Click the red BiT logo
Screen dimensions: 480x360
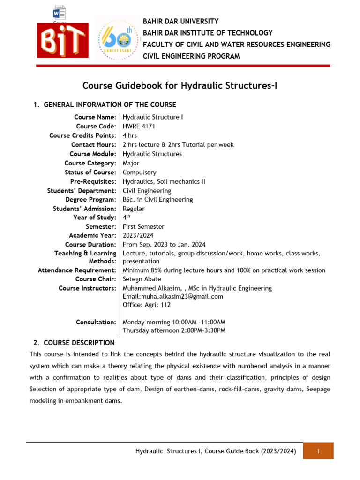tap(63, 41)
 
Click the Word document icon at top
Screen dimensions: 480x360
tap(60, 12)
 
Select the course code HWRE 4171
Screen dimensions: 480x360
tap(139, 126)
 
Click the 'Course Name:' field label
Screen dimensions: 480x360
tap(95, 117)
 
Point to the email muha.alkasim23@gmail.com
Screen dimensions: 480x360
tap(172, 296)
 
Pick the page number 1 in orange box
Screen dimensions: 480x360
tap(318, 451)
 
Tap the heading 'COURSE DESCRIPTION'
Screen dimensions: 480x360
tap(79, 343)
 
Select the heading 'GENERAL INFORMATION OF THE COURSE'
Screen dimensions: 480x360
tap(110, 105)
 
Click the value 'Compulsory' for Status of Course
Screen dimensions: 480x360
tap(139, 172)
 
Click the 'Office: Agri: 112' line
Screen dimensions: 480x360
tap(147, 305)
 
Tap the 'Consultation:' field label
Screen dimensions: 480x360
tap(96, 322)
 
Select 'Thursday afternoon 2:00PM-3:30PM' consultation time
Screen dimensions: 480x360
tap(174, 330)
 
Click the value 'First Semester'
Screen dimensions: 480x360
tap(143, 226)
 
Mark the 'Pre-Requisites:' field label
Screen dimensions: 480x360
tap(93, 181)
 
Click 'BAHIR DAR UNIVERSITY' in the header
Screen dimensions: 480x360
tap(180, 22)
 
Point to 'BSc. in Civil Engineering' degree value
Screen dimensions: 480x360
tap(157, 199)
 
